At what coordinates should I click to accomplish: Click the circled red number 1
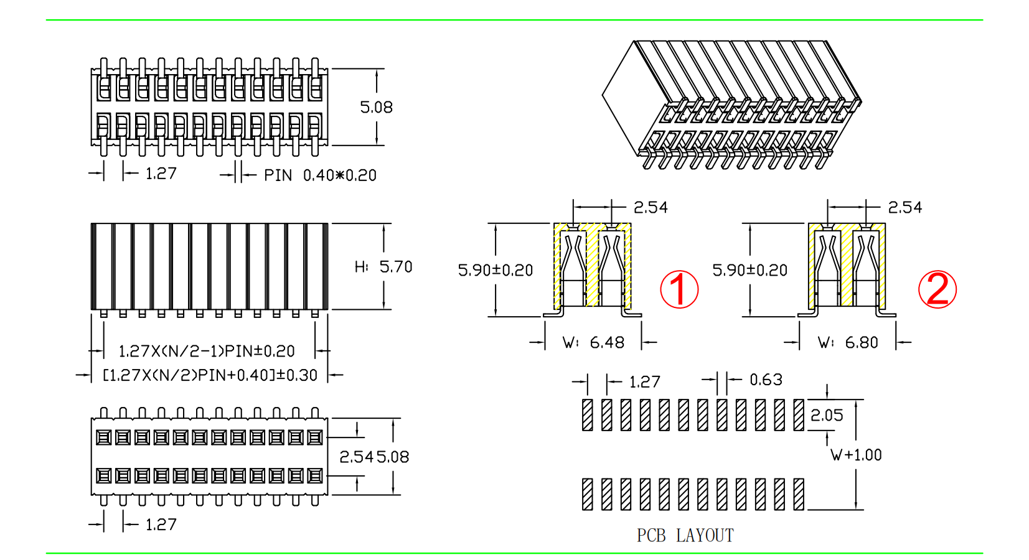point(679,289)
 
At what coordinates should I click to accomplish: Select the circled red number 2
point(937,289)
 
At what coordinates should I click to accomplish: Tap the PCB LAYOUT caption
point(685,536)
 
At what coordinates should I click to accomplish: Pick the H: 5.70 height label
point(383,267)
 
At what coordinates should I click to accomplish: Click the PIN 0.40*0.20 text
point(320,175)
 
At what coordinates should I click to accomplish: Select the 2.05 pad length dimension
point(827,415)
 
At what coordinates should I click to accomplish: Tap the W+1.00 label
point(856,455)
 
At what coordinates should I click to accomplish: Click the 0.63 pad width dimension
point(766,380)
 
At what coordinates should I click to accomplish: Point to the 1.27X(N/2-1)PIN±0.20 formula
point(207,352)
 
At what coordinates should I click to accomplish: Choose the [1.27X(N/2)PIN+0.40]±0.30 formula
point(210,375)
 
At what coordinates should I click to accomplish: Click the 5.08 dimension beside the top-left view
point(376,108)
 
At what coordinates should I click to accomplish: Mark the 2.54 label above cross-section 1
point(651,207)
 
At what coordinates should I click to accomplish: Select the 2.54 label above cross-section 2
point(904,207)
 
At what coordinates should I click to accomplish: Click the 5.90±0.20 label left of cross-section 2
point(749,270)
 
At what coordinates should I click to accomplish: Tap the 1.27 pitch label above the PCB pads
point(644,382)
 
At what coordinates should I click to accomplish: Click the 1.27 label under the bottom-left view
point(161,525)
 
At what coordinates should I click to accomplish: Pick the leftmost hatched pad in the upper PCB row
point(587,415)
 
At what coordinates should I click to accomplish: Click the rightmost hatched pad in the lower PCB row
point(799,494)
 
